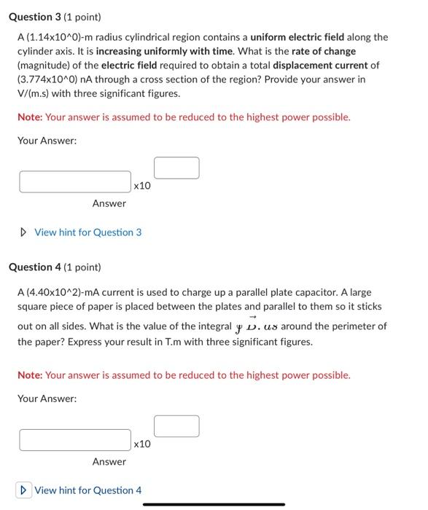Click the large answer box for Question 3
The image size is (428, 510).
point(75,181)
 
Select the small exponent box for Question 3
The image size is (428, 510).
point(176,168)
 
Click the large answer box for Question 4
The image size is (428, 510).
point(75,440)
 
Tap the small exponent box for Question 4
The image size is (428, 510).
point(176,426)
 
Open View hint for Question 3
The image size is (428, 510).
point(87,232)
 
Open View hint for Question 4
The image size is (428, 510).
point(87,490)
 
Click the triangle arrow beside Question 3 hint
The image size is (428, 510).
point(24,232)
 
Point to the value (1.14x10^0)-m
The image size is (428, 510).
point(62,37)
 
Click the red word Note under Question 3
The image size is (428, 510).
point(29,117)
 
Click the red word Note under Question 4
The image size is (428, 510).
point(29,375)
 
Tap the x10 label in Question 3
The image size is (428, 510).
point(142,186)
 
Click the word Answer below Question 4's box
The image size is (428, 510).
point(109,462)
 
